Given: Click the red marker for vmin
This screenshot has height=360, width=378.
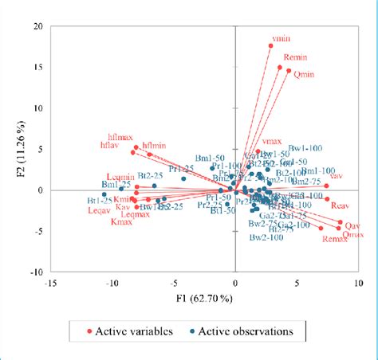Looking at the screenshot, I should click(270, 45).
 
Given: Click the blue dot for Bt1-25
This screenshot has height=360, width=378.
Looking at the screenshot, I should click(104, 194).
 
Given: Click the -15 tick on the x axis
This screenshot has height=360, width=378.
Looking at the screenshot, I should click(50, 282).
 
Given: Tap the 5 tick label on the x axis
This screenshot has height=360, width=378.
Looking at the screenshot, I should click(297, 282).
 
